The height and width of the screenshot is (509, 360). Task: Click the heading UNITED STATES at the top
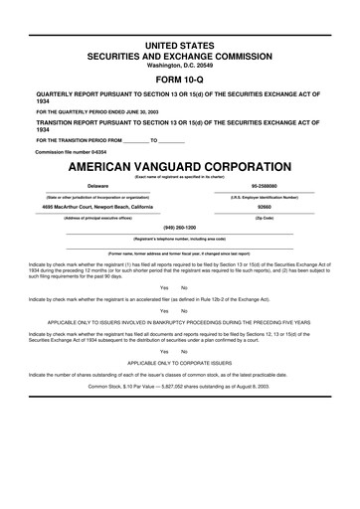click(179, 46)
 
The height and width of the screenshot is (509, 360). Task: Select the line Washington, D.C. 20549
click(179, 65)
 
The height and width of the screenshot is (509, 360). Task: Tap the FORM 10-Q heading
click(179, 81)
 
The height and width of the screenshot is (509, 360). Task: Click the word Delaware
click(98, 186)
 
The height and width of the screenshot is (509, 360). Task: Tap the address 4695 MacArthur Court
click(73, 206)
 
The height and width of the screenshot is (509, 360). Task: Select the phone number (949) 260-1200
click(179, 228)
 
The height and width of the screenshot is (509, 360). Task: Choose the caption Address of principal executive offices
click(98, 217)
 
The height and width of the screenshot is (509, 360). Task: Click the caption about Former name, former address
click(179, 254)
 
